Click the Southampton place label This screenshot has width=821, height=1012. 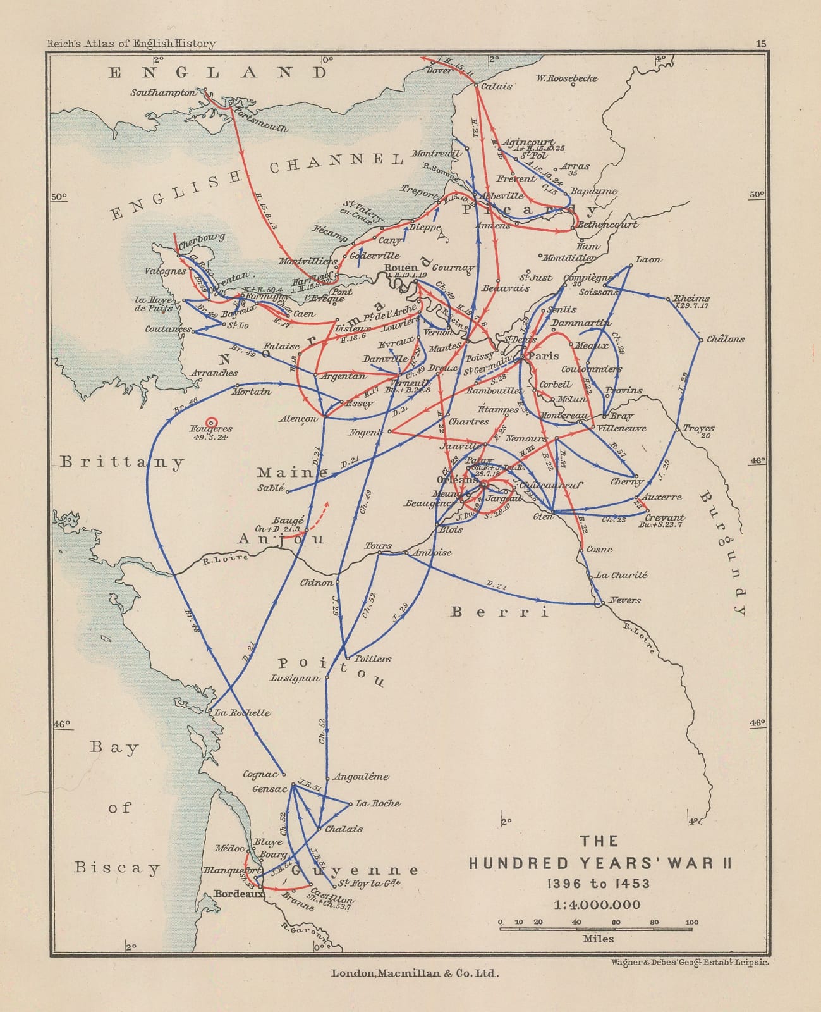click(x=163, y=92)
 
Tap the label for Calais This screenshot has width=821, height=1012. click(x=497, y=86)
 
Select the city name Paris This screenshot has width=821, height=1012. click(x=544, y=356)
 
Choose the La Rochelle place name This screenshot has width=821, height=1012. click(x=243, y=712)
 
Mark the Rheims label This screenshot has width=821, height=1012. click(x=691, y=298)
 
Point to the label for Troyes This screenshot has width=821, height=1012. click(x=698, y=428)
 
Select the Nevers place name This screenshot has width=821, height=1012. click(x=625, y=600)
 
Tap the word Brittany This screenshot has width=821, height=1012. click(x=123, y=462)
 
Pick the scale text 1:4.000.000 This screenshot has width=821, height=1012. click(x=597, y=904)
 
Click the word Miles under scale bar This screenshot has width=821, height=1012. click(x=598, y=939)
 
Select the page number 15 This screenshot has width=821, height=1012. click(x=761, y=44)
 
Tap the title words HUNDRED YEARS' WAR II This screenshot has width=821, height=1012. click(x=600, y=863)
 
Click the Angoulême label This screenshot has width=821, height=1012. click(x=361, y=777)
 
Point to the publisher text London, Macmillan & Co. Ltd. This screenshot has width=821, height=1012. click(x=415, y=973)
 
